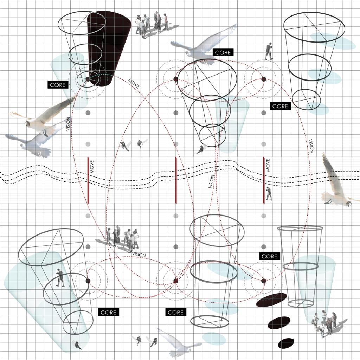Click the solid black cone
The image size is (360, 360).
click(x=109, y=48)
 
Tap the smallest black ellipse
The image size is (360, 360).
click(x=286, y=343)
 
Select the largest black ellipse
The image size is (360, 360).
click(x=271, y=300)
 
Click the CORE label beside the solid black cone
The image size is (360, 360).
click(x=58, y=85)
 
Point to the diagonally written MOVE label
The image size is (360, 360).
click(x=134, y=84)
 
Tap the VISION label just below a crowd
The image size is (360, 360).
click(x=139, y=255)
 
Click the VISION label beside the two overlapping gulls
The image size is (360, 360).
click(x=68, y=124)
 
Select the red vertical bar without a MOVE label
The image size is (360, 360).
click(x=176, y=180)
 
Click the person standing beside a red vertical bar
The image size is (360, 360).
click(x=269, y=194)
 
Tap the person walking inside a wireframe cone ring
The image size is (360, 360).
click(x=60, y=278)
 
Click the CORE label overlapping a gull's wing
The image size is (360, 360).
click(x=223, y=53)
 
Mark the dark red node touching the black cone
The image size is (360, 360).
click(x=88, y=79)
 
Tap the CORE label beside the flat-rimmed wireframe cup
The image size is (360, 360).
click(x=270, y=256)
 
